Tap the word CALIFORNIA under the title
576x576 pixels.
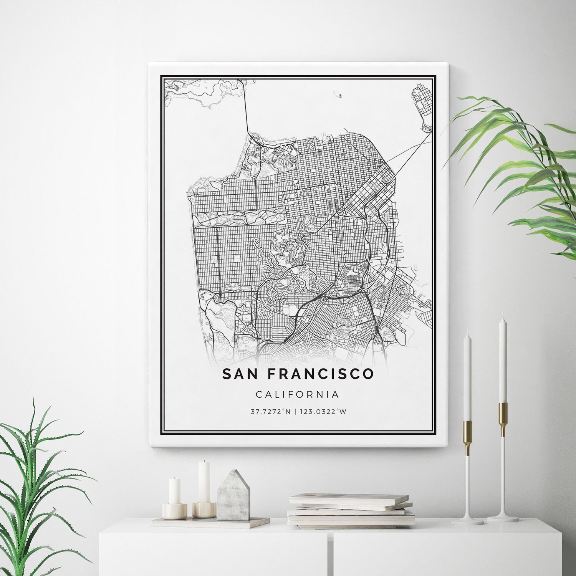297,394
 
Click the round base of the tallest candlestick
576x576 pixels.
503,518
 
